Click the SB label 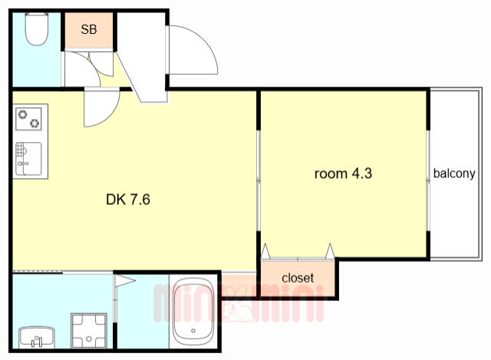[x=89, y=29]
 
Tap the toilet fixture [x=37, y=29]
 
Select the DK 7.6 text [x=128, y=200]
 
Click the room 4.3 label [x=343, y=173]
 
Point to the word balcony [x=454, y=173]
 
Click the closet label [x=298, y=278]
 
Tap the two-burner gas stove [x=28, y=119]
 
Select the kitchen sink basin [x=28, y=159]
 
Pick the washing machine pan [x=89, y=331]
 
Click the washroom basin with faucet [x=37, y=338]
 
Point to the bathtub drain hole [x=193, y=331]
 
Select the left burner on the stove [x=22, y=114]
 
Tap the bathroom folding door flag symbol [x=124, y=280]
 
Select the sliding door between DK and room [x=259, y=181]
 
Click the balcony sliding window [x=428, y=181]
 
